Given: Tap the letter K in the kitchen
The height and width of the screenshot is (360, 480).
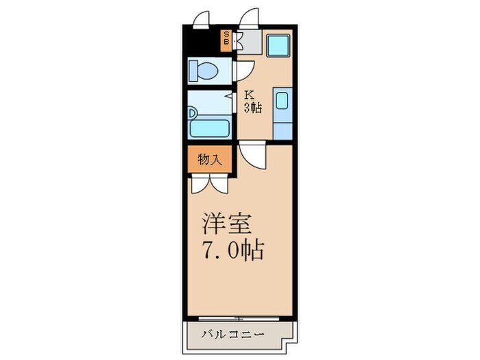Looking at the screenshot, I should pos(250,96).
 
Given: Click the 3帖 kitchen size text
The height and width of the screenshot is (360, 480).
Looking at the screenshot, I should pos(252,107).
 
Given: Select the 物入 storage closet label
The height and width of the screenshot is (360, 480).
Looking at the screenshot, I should pos(210,160).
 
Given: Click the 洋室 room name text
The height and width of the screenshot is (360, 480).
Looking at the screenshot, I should pos(228,225).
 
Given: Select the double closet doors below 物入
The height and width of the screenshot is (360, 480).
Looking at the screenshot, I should pos(210,183).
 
